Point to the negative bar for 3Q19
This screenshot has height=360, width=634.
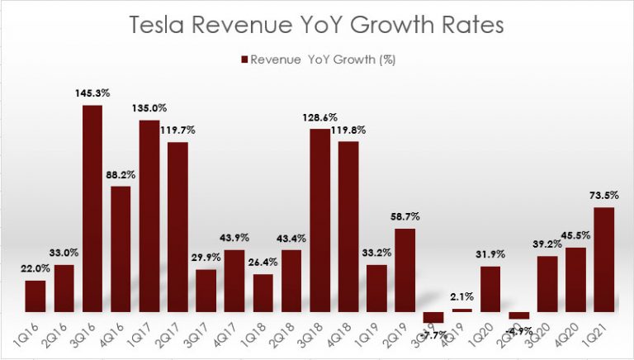click(x=433, y=317)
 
